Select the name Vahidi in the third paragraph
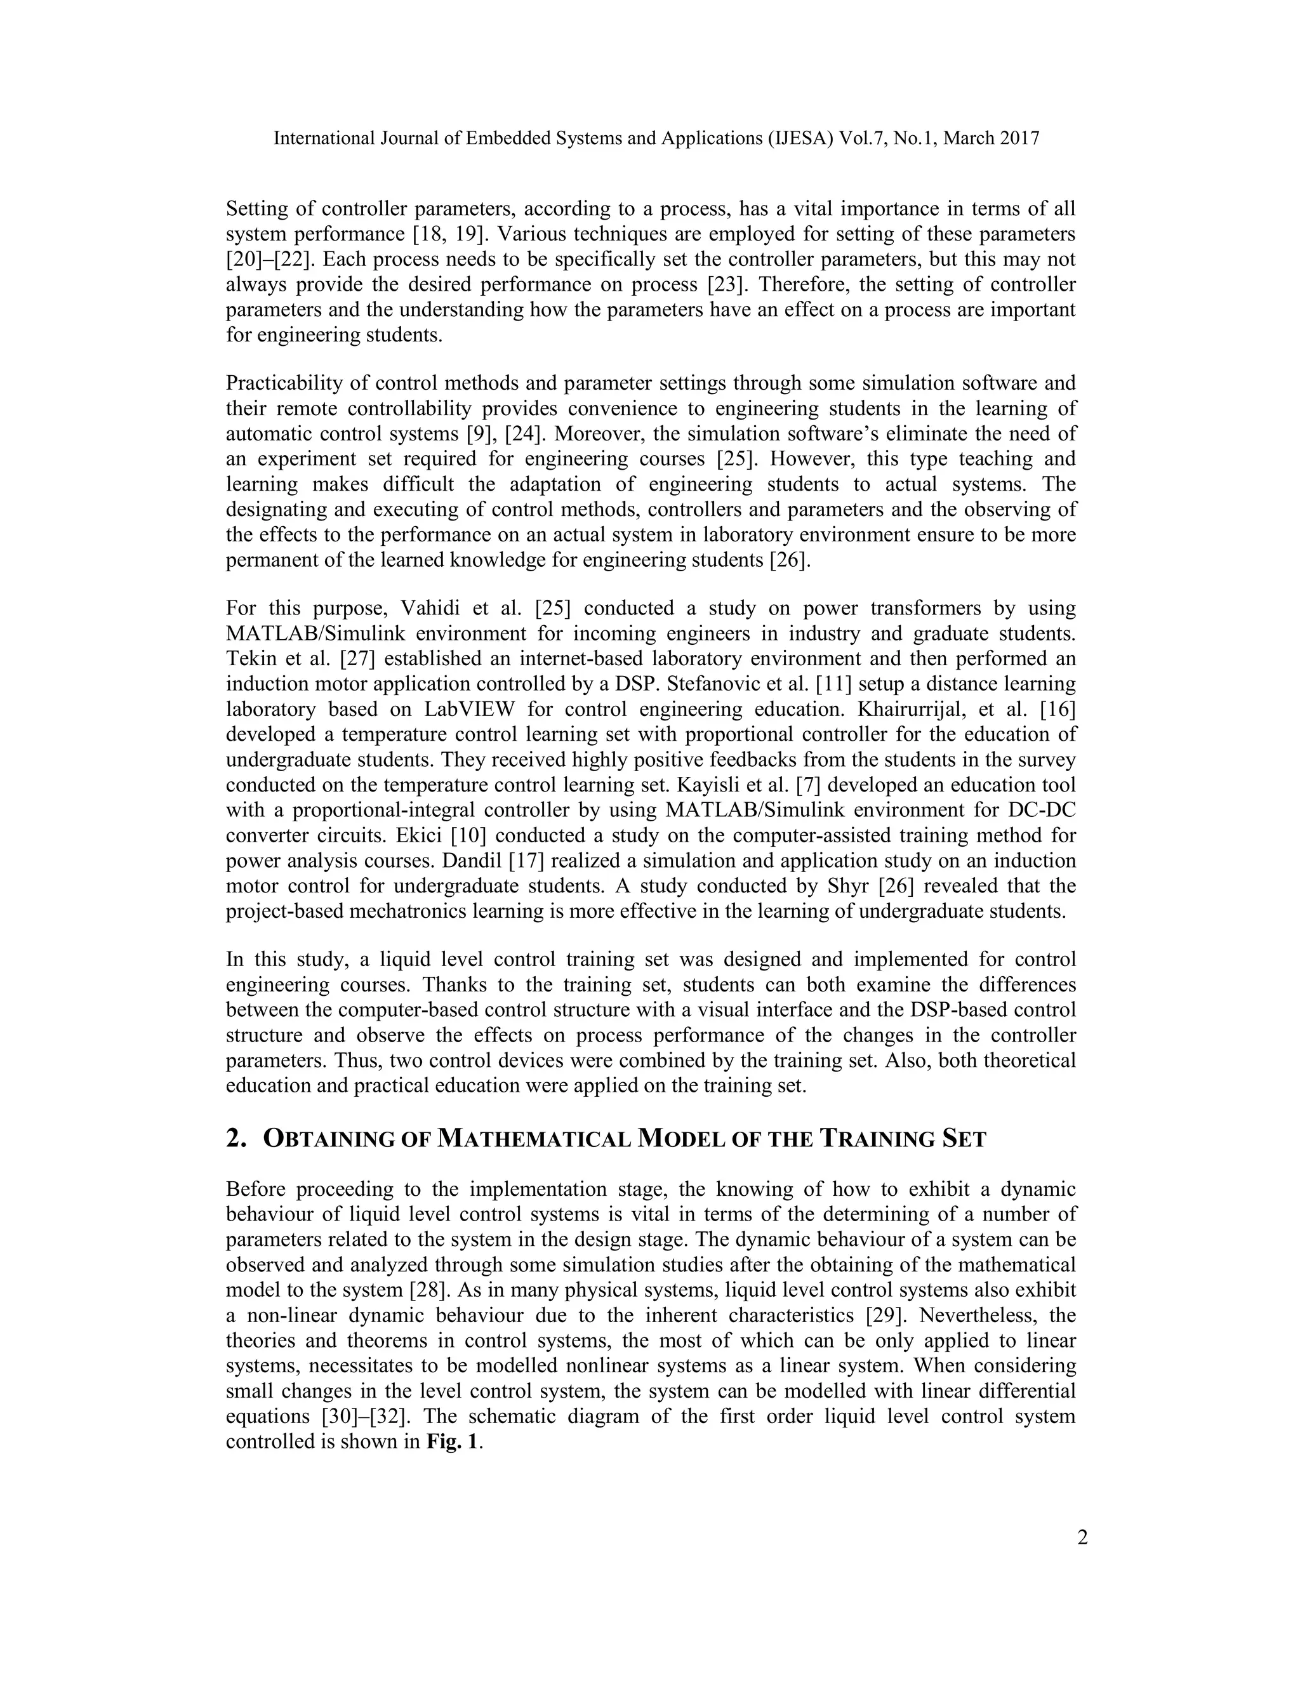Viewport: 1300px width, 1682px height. coord(427,609)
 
